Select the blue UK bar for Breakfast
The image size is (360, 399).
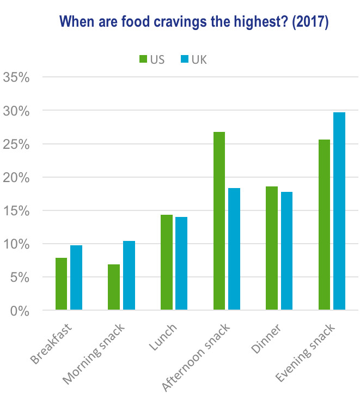[x=76, y=278]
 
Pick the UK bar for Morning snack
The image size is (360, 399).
[x=129, y=276]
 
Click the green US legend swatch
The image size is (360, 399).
[x=143, y=59]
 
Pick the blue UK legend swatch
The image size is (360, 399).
[x=184, y=59]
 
